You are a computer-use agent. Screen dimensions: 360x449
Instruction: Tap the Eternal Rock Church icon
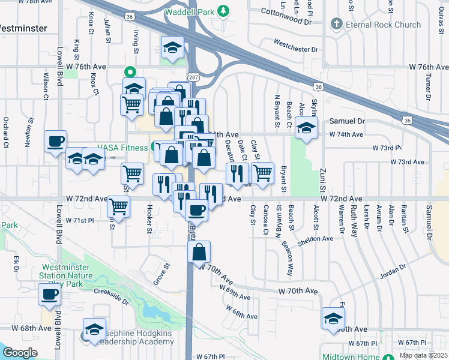click(336, 25)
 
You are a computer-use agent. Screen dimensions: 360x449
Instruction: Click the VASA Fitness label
click(123, 148)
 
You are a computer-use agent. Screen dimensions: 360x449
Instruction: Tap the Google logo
click(20, 352)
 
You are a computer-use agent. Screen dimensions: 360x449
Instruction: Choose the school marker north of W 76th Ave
click(172, 48)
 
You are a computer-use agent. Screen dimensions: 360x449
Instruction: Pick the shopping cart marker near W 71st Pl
click(119, 207)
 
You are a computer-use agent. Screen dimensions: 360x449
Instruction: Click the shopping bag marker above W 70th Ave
click(199, 252)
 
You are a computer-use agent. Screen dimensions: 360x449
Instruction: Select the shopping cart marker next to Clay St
click(262, 173)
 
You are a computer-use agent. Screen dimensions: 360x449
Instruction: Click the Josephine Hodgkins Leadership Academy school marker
click(94, 329)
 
